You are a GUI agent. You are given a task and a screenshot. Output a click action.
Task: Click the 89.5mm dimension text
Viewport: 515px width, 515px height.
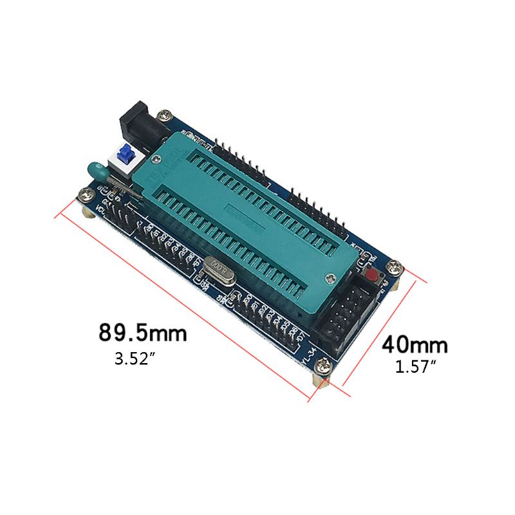click(142, 333)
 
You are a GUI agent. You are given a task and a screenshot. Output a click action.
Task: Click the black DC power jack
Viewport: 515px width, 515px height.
click(136, 122)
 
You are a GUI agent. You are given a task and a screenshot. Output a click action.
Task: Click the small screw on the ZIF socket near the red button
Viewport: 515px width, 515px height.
click(330, 277)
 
